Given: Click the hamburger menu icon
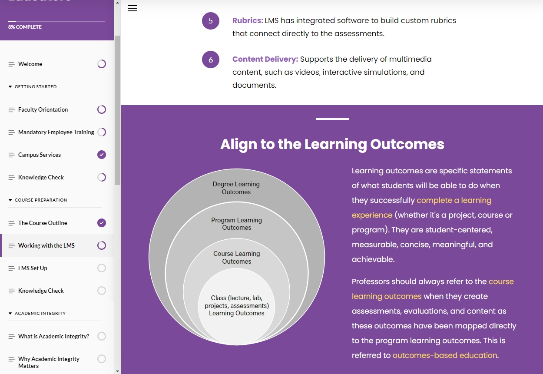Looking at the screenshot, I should [132, 9].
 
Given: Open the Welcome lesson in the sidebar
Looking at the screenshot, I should [30, 64].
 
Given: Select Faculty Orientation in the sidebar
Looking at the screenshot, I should [43, 109].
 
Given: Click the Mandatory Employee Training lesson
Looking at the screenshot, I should [56, 132].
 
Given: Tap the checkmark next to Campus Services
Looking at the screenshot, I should [102, 155].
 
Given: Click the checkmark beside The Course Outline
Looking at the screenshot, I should [102, 223].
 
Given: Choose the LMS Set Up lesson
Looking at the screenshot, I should [33, 268].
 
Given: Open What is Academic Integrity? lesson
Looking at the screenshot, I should [54, 336].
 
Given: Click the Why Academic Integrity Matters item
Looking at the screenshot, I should [49, 362].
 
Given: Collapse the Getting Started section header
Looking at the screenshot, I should [36, 86].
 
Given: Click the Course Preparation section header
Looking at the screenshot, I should [41, 200].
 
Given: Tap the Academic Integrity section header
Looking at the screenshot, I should [40, 313].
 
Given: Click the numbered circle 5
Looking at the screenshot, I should [211, 21].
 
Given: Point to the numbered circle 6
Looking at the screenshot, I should [211, 60].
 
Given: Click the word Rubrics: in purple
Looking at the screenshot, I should [248, 20].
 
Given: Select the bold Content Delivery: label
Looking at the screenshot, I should [265, 59].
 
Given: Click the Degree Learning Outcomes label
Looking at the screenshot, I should [236, 188].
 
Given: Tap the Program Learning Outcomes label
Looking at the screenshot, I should [237, 224].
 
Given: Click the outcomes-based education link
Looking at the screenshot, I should [445, 355].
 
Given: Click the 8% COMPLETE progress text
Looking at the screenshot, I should [25, 27].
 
